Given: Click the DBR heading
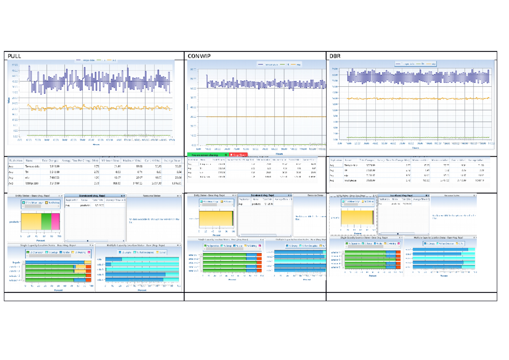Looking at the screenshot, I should point(335,56).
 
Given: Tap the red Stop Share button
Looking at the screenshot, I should point(238,155).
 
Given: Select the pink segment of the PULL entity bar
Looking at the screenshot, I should point(56,222).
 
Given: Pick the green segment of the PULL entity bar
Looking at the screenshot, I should point(46,222).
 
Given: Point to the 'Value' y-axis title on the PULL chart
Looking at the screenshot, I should point(9,101).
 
